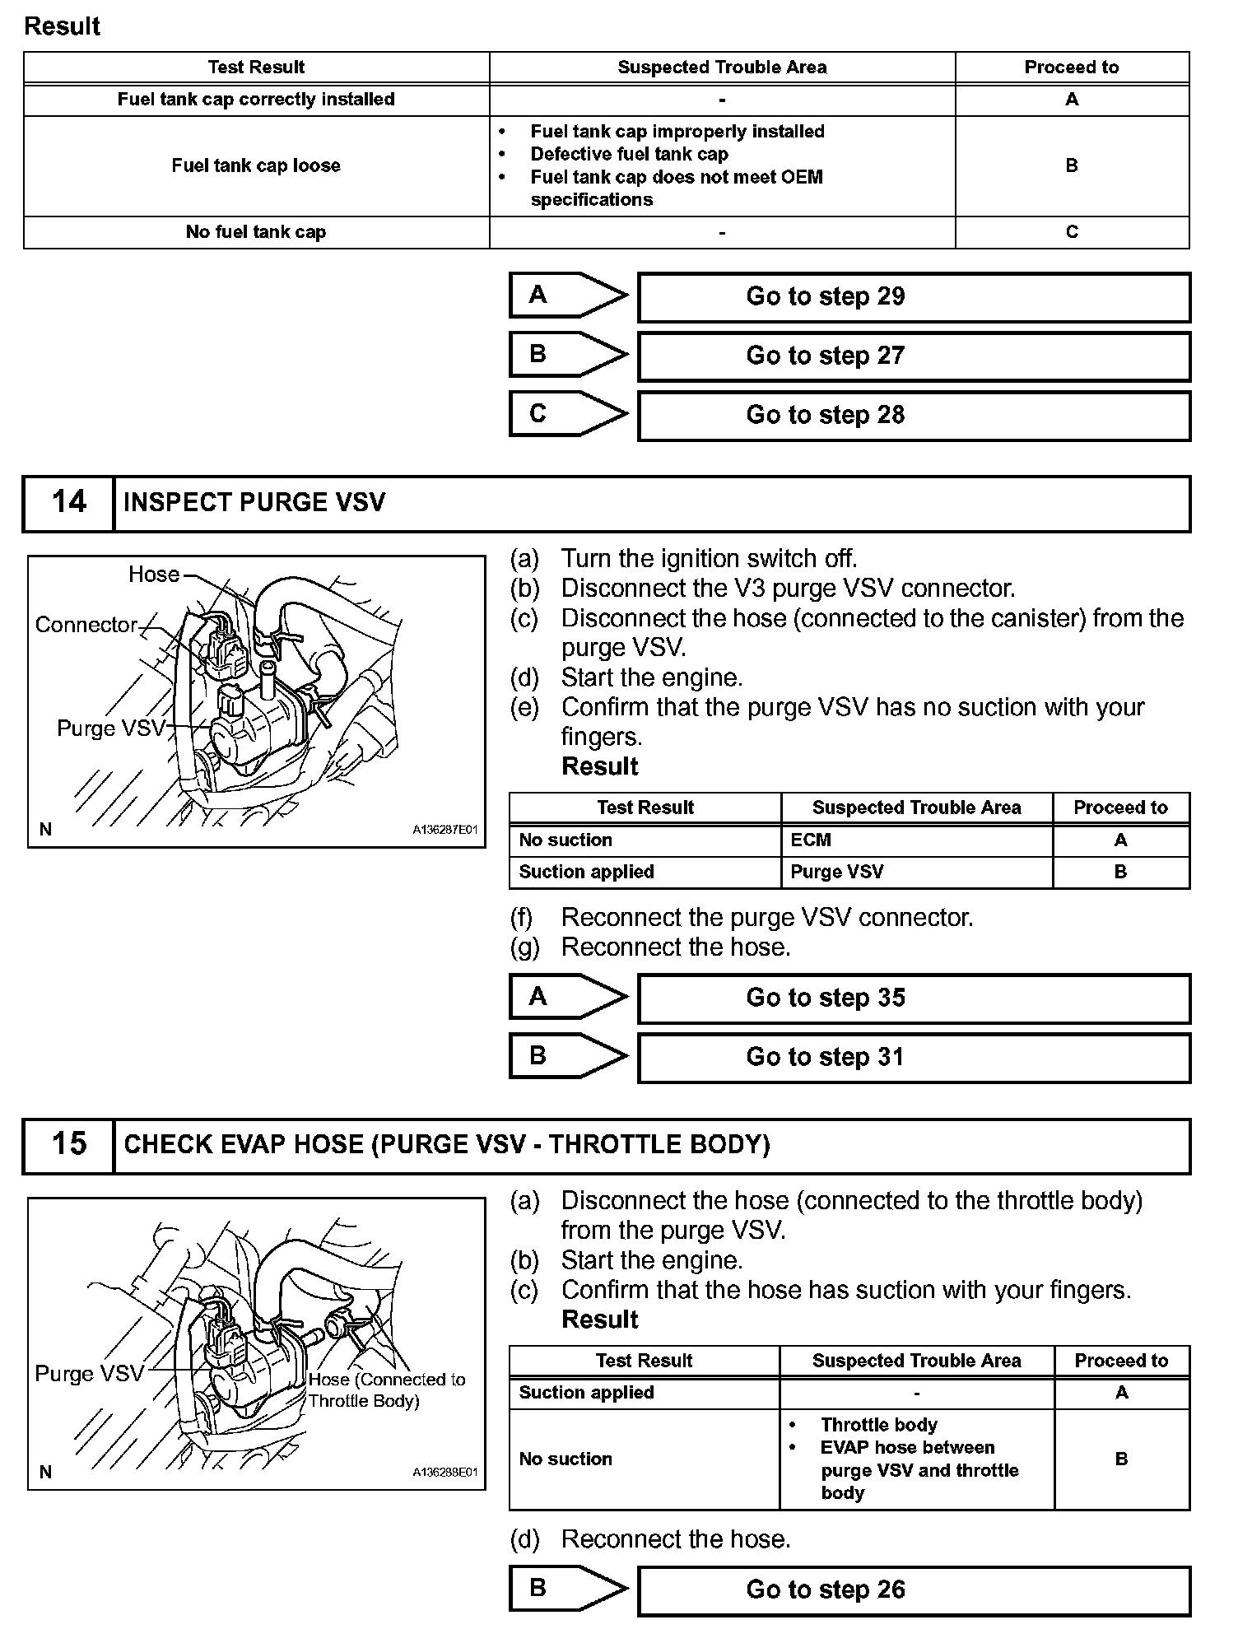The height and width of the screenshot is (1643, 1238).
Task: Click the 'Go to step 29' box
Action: [914, 297]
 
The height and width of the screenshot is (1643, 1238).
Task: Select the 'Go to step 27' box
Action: [914, 356]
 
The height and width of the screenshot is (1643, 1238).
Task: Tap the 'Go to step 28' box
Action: [914, 416]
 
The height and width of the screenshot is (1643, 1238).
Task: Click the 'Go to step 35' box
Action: [914, 998]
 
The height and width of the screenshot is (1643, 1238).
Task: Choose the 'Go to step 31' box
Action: [914, 1058]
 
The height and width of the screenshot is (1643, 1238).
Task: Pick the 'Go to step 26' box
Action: [914, 1590]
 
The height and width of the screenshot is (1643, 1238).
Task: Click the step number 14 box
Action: [68, 503]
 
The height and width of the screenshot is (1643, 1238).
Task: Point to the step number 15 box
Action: [68, 1144]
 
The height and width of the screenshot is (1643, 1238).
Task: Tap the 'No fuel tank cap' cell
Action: [256, 232]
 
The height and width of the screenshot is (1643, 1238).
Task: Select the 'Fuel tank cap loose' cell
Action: [256, 165]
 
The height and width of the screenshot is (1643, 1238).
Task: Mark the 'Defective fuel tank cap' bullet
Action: [629, 154]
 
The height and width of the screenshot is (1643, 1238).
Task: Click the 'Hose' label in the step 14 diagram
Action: [154, 575]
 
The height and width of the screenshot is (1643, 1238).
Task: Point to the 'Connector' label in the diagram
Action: [86, 625]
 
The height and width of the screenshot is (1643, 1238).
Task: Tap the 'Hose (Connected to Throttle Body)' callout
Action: [386, 1390]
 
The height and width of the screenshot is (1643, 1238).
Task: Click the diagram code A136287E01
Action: [444, 831]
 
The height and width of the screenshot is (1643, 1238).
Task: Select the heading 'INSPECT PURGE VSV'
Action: [254, 503]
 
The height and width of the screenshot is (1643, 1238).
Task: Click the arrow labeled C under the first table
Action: [568, 413]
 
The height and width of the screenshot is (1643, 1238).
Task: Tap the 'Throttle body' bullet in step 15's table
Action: [878, 1425]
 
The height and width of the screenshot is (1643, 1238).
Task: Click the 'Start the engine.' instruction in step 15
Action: [651, 1260]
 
